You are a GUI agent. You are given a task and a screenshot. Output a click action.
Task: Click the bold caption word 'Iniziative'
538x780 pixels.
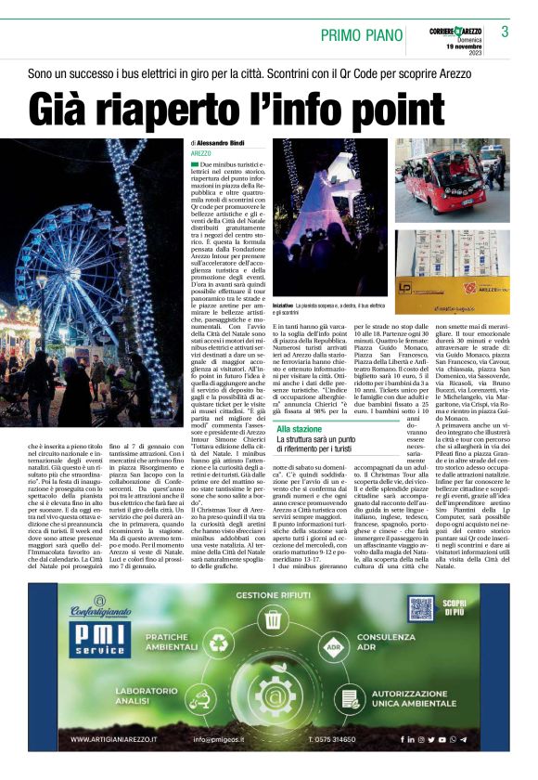(x=287, y=303)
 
